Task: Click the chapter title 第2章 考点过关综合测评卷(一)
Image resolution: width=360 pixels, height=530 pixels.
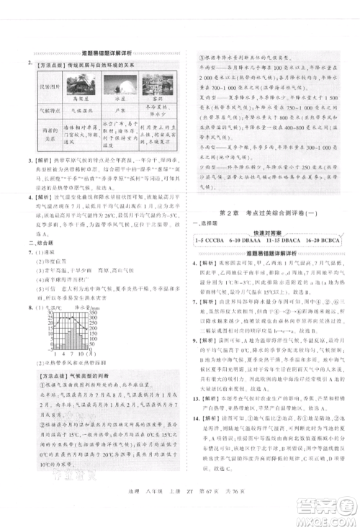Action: point(262,211)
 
